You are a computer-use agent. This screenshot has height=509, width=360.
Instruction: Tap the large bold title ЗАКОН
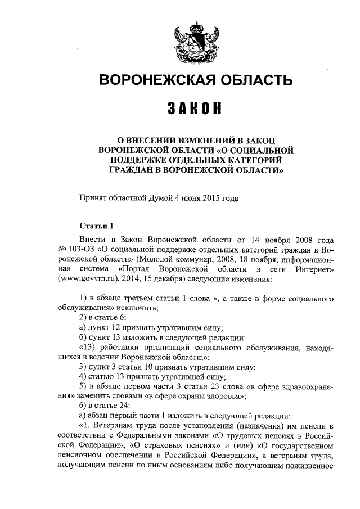tap(196, 108)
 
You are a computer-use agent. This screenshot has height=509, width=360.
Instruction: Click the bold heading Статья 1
tap(97, 227)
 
